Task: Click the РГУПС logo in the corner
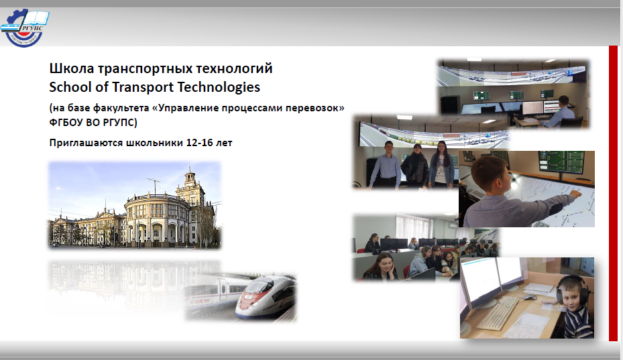[x=25, y=27]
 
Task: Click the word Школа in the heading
[x=72, y=68]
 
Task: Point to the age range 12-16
[x=199, y=143]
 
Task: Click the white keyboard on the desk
[x=498, y=314]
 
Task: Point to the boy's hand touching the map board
[x=575, y=194]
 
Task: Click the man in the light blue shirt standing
[x=385, y=164]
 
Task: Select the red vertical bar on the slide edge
[x=613, y=193]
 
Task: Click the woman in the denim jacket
[x=441, y=164]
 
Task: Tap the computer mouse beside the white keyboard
[x=530, y=297]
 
